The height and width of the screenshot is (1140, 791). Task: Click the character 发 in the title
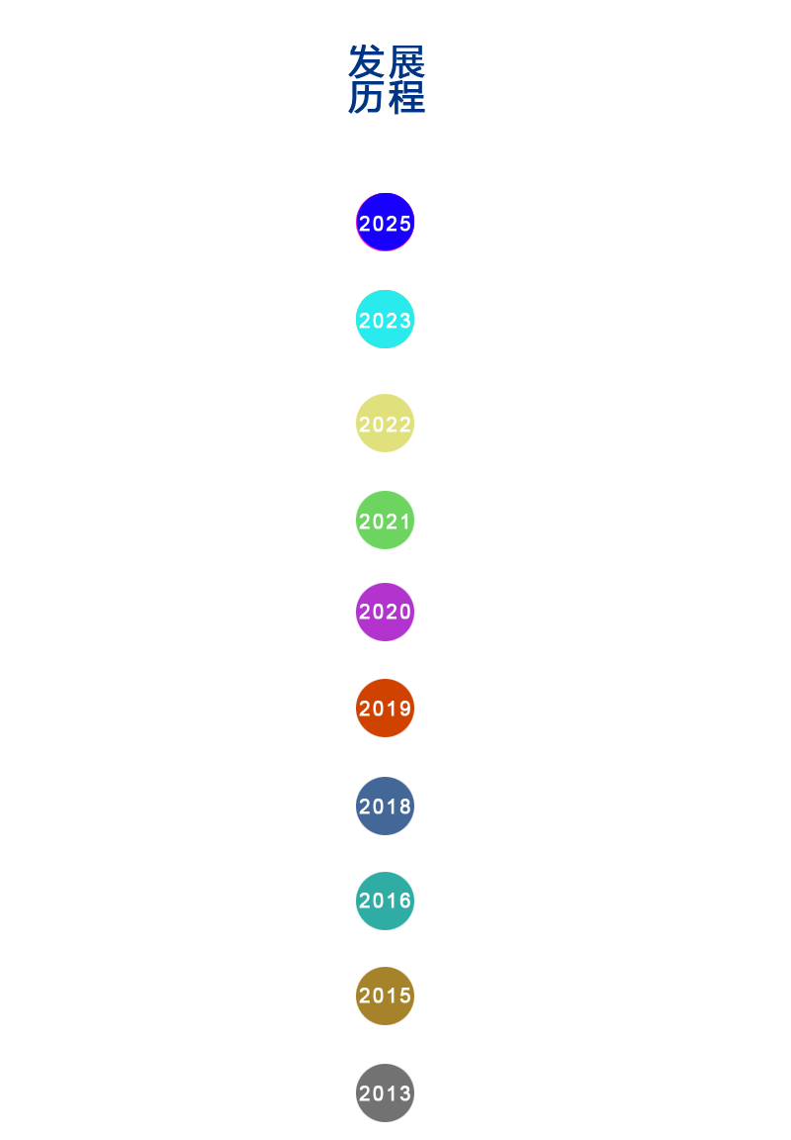pos(367,62)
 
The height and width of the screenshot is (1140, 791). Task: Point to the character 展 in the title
pos(406,62)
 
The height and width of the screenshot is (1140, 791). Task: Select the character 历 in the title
pos(367,97)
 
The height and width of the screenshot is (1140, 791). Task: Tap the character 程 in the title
pos(406,97)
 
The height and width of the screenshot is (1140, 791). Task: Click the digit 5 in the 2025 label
pos(404,224)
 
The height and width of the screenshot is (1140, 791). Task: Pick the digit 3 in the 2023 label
pos(404,321)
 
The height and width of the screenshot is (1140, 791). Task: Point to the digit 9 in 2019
pos(404,709)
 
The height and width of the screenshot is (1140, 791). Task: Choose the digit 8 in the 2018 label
pos(404,807)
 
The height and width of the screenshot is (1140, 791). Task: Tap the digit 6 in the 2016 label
pos(404,901)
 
